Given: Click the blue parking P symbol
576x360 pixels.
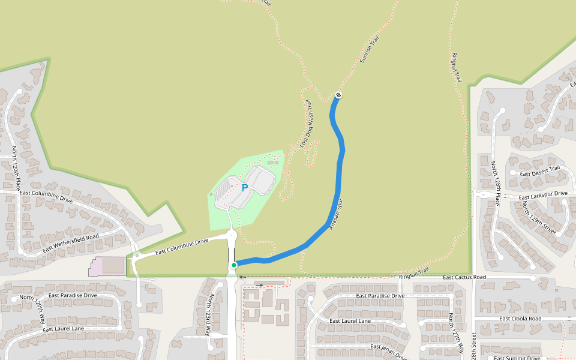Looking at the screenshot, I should click(245, 188).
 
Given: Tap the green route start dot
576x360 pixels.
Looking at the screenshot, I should click(234, 265).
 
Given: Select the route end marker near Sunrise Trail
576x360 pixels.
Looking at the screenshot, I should click(338, 95).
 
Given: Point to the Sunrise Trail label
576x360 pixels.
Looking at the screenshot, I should click(369, 50).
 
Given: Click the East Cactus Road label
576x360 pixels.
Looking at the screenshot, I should click(464, 277).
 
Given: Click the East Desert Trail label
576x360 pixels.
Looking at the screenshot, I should click(544, 172).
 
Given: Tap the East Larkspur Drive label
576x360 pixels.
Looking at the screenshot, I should click(543, 196).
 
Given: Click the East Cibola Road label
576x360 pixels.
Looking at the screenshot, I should click(521, 319).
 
